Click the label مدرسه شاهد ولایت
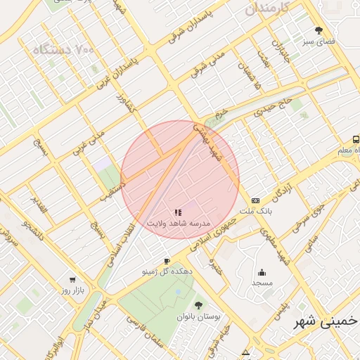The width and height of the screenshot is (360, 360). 179,222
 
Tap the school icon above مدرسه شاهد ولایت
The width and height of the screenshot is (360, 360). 179,212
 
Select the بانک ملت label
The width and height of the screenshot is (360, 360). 255,211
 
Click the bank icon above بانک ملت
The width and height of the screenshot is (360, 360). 255,200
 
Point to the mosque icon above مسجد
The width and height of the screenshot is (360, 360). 262,273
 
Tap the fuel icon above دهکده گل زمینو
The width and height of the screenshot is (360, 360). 167,261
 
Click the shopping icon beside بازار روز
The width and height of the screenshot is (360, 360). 54,289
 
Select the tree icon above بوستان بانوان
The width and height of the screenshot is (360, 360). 199,305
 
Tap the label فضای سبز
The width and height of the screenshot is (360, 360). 319,41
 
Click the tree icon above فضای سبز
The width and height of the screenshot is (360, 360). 319,31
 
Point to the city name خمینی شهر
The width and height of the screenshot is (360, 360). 326,323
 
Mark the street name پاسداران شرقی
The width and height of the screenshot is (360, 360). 200,32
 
